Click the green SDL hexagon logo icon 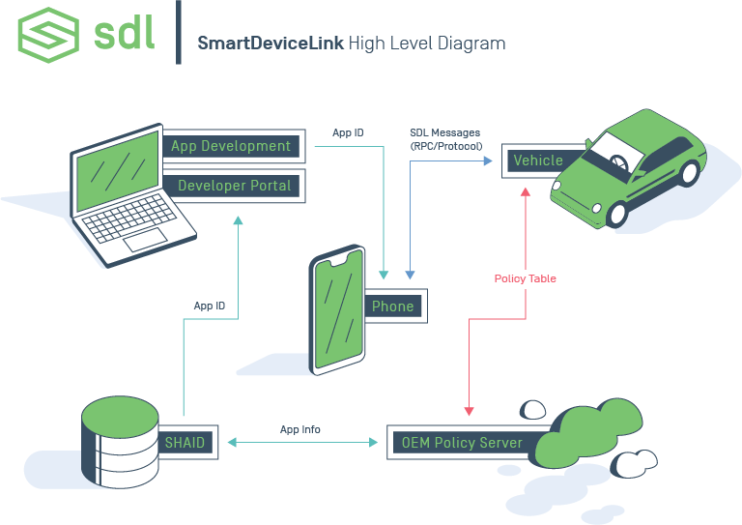coord(48,35)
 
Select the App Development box coord(231,147)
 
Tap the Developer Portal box coord(234,186)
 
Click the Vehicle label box coord(538,160)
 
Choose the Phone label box coord(393,306)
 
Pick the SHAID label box coord(185,442)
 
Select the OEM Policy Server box coord(462,443)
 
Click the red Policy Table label coord(525,278)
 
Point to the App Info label coord(300,429)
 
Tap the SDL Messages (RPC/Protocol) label coord(444,138)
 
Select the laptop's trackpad coord(148,241)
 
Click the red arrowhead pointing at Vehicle coord(526,191)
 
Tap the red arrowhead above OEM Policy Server coord(470,412)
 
